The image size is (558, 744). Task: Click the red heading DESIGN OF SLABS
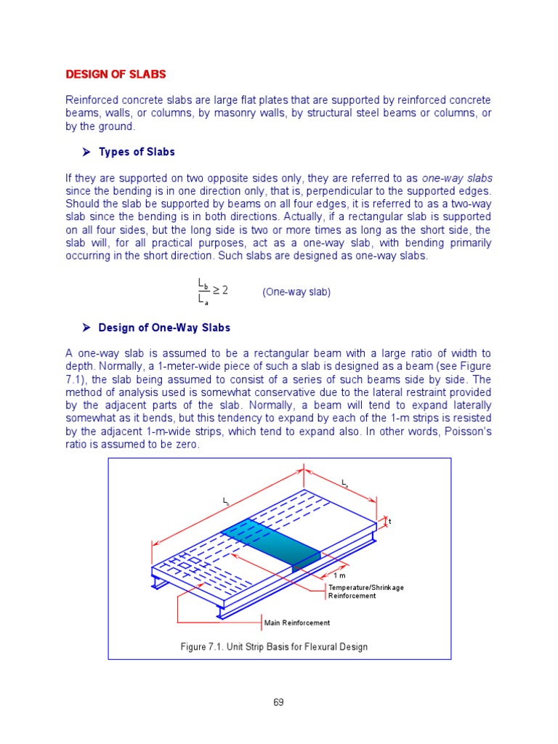(116, 74)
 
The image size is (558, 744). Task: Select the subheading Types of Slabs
(137, 152)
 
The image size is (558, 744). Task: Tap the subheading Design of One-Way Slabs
(164, 328)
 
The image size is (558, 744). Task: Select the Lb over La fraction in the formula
(203, 291)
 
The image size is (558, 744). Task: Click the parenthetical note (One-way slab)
(296, 291)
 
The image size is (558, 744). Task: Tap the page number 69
(278, 702)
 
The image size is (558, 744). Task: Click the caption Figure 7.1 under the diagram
(275, 647)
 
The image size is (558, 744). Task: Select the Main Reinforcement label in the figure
(296, 623)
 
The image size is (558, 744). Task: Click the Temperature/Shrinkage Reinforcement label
(357, 591)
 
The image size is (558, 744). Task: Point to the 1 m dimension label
(339, 575)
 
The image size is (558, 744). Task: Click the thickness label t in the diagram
(389, 522)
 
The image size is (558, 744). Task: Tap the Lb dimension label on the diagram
(226, 501)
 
